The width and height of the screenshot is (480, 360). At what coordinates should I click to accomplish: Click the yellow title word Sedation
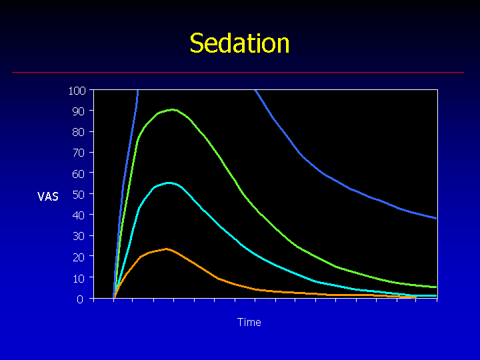pos(239,43)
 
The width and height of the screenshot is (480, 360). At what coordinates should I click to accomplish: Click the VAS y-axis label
pos(48,197)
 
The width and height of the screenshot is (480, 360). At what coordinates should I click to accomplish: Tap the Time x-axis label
pos(249,322)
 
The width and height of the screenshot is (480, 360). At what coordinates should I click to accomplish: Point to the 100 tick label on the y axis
pos(77,91)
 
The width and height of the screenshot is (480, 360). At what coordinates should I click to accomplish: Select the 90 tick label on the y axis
pos(79,111)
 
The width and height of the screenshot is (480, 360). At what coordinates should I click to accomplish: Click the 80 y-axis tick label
pos(79,132)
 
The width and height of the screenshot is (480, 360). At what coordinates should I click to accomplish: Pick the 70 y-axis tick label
pos(79,153)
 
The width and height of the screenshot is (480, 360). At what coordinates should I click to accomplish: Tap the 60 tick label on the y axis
pos(79,173)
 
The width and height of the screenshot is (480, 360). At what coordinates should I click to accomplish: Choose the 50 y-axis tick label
pos(79,195)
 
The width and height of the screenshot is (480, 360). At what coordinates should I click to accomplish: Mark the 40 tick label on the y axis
pos(79,215)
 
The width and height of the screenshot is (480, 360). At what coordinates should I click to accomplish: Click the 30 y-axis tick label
pos(79,236)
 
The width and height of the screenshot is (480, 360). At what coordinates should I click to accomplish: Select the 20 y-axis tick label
pos(79,257)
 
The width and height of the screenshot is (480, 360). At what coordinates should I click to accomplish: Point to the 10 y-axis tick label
pos(79,278)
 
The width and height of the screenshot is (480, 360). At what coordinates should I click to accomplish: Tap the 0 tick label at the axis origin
pos(80,299)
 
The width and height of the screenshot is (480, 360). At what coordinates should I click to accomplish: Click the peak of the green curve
pos(173,109)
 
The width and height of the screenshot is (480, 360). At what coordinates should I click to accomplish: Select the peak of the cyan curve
pos(169,183)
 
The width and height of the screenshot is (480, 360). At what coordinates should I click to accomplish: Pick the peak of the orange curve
pos(167,249)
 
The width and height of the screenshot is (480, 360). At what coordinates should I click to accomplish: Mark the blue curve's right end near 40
pos(436,218)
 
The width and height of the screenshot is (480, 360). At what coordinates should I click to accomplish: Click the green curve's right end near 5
pos(436,287)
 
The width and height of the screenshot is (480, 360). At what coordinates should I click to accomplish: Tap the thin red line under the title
pos(238,72)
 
